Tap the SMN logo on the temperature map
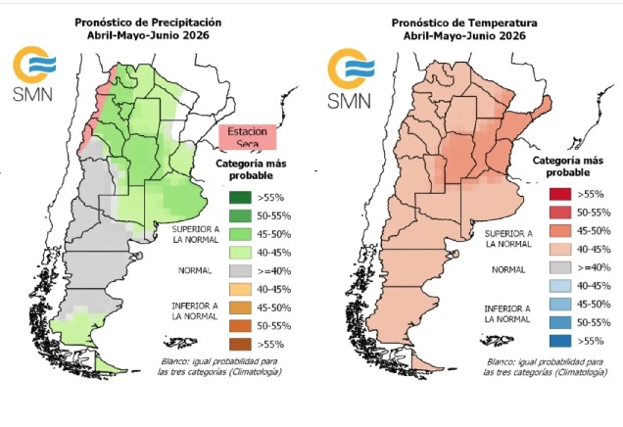coord(348,75)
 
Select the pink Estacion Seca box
coord(248,137)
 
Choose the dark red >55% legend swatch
coord(558,194)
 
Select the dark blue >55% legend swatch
coord(558,340)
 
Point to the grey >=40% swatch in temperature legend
coord(558,266)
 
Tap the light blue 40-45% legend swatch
coord(558,285)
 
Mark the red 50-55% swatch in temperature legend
coord(558,212)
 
